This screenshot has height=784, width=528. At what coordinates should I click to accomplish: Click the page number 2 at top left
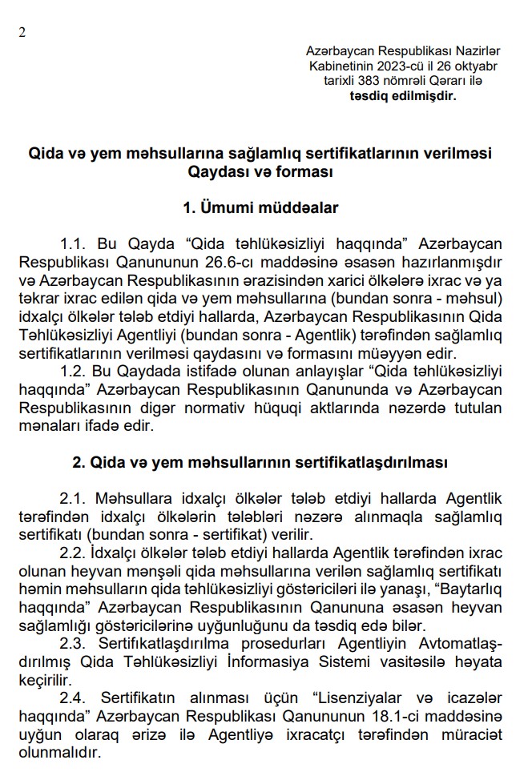click(x=22, y=31)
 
